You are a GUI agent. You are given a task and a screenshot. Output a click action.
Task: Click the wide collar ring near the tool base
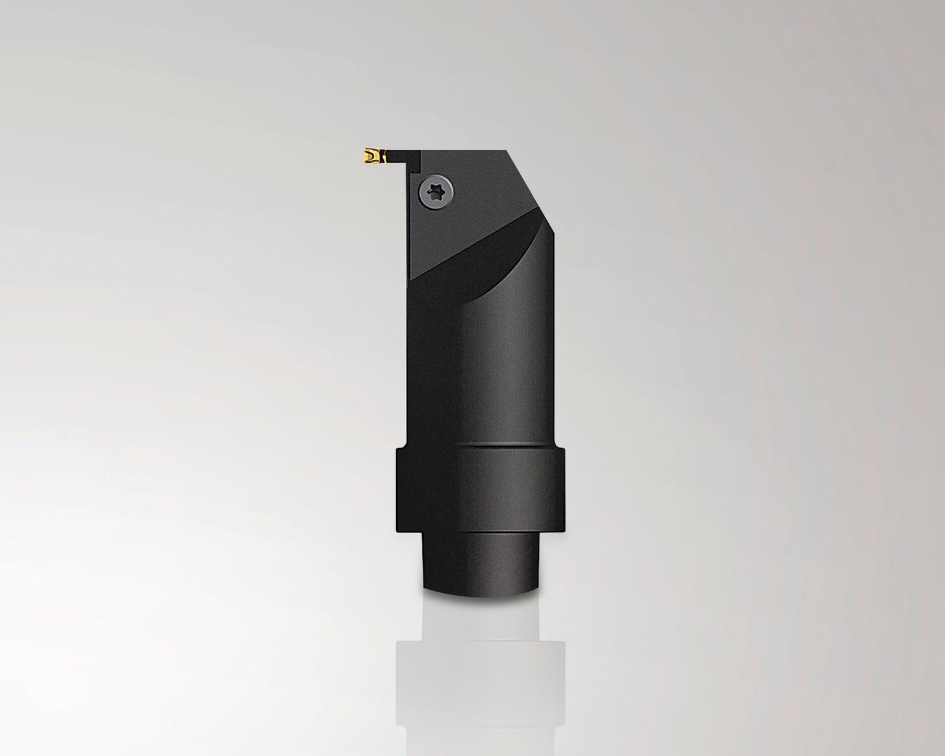tap(480, 490)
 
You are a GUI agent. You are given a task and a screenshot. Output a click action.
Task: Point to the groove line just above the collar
tap(481, 446)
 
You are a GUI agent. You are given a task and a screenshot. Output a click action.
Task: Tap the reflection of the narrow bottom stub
tap(481, 617)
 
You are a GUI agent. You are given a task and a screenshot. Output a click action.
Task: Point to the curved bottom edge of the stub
tap(481, 592)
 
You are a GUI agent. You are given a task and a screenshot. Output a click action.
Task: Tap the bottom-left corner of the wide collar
tap(397, 532)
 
